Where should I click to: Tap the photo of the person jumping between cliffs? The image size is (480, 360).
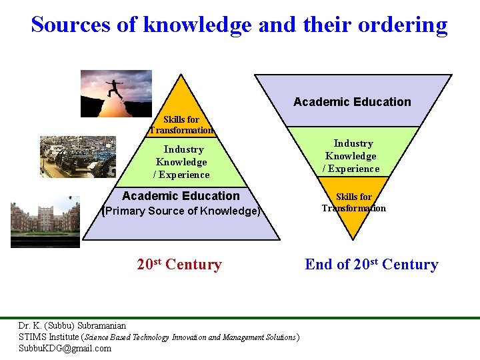click(x=116, y=93)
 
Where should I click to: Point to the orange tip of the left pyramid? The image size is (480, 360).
click(x=180, y=100)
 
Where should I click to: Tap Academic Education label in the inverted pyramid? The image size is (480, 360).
click(x=352, y=101)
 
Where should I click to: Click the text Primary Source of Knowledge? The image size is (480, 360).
click(x=181, y=211)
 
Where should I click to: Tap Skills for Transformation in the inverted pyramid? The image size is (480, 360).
click(x=353, y=202)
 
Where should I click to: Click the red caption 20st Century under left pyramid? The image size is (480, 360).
click(x=179, y=265)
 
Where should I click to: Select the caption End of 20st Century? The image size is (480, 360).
click(x=371, y=265)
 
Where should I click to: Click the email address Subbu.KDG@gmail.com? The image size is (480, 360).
click(x=65, y=348)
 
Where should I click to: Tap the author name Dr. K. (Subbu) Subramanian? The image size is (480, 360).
click(x=72, y=326)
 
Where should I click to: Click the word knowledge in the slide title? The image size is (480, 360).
click(x=197, y=25)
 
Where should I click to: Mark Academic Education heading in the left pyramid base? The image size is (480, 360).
click(x=181, y=195)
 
